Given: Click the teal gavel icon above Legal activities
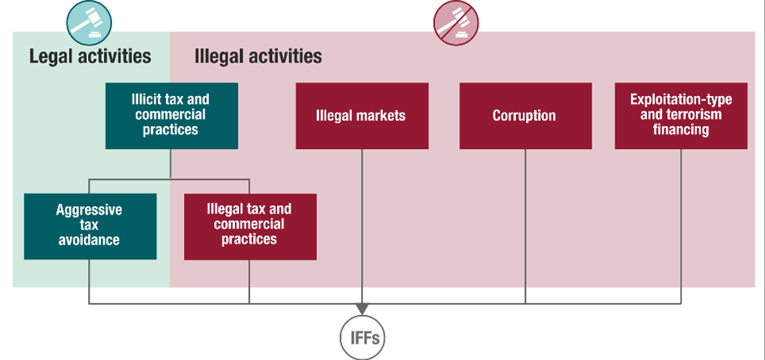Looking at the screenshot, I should [89, 23].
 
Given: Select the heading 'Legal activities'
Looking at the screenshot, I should [90, 56].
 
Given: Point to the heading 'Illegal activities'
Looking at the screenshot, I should [258, 56].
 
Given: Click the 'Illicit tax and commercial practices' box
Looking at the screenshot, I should [172, 116].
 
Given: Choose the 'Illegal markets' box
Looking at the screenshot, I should [362, 116].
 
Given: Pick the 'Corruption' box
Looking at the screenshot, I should [525, 116].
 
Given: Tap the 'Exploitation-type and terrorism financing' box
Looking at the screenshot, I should [681, 116].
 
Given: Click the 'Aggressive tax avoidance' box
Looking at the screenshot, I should [90, 226].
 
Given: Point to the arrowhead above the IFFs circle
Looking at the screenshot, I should [362, 308].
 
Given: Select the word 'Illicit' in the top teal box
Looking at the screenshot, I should [142, 99].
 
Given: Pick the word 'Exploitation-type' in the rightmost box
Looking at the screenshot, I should [681, 99].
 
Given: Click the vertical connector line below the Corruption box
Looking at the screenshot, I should [525, 226].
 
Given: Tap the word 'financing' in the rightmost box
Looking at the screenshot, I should [681, 130].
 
